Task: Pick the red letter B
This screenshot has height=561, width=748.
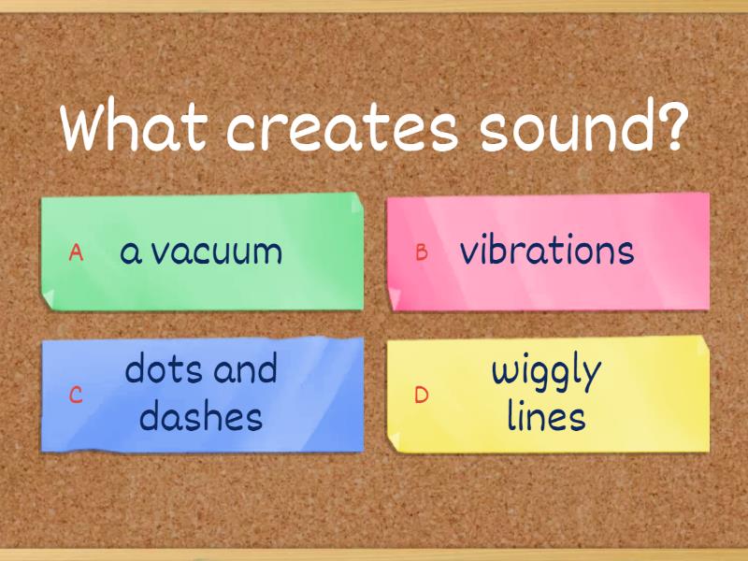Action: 422,252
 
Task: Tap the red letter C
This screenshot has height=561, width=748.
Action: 77,395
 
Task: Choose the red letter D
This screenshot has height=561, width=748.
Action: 422,395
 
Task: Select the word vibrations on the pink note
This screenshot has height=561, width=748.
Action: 547,251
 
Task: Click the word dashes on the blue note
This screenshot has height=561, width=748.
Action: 200,416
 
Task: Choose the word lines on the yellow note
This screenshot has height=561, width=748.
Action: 547,416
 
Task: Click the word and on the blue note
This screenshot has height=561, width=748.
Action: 244,369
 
